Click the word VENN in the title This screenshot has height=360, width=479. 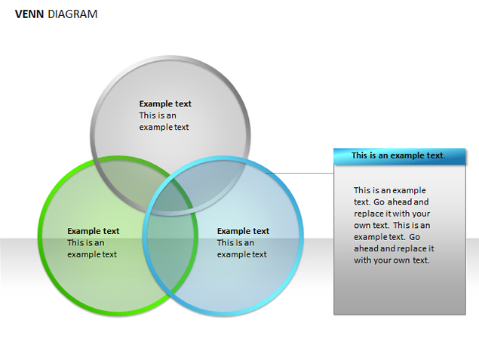point(29,14)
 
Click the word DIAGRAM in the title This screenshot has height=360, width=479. point(72,14)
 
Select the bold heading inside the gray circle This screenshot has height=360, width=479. point(165,103)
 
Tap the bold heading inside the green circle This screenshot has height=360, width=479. point(94,231)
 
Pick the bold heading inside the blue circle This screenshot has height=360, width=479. point(243,231)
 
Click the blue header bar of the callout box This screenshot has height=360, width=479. point(400,156)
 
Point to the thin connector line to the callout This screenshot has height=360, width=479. point(299,173)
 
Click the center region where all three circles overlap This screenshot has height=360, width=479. point(170,198)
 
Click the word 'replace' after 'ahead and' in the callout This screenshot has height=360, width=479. point(410,248)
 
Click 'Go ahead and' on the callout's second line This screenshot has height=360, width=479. point(401,202)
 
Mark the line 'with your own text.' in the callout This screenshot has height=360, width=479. point(391,260)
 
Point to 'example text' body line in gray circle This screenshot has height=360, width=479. point(164,127)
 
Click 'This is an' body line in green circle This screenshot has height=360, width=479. point(86,243)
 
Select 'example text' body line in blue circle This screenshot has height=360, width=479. point(242,254)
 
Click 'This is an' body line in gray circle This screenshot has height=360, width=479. point(158,115)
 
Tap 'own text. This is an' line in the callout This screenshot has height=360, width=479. point(392,225)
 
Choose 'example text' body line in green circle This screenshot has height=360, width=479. point(92,254)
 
